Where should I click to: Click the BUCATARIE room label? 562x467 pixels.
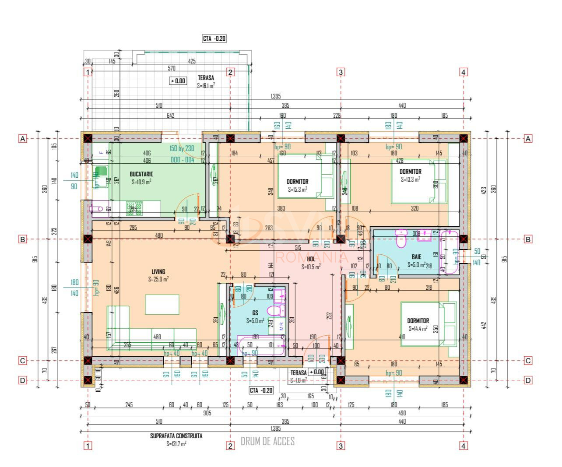tap(141, 174)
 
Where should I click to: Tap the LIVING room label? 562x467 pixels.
tap(158, 272)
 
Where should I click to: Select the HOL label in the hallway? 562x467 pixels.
tap(311, 259)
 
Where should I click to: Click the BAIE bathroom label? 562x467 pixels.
tap(416, 257)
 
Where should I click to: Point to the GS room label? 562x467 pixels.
tap(255, 313)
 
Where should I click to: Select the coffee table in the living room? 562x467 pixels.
tap(162, 304)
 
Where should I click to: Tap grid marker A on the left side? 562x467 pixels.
tap(22, 139)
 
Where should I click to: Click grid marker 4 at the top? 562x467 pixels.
tap(464, 72)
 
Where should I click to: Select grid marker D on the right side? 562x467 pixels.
tap(528, 380)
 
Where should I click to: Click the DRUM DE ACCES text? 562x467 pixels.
tap(267, 441)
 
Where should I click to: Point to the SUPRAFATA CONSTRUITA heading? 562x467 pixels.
tap(176, 436)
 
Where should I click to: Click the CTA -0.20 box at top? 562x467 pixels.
tap(214, 39)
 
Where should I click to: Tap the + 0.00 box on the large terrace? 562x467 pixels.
tap(178, 81)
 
